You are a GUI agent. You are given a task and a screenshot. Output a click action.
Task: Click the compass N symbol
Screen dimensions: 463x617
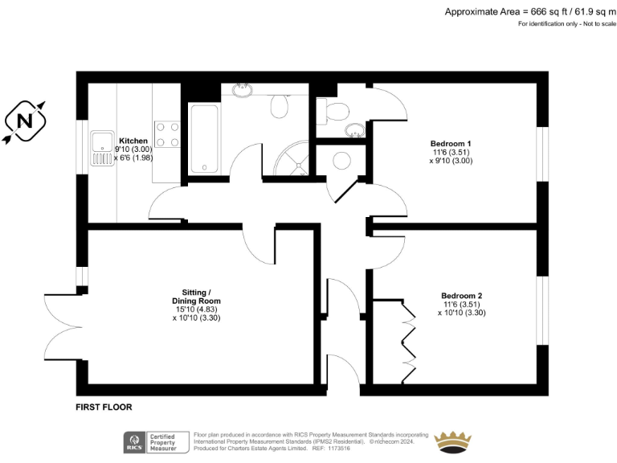pos(25,121)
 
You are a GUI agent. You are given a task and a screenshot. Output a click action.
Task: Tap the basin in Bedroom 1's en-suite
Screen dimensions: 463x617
pos(353,129)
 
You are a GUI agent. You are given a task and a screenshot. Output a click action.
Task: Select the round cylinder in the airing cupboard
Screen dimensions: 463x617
pos(341,158)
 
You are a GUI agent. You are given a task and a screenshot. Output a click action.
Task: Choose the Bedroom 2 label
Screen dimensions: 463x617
pos(461,295)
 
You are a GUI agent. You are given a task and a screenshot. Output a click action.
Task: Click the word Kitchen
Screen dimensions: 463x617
pos(133,140)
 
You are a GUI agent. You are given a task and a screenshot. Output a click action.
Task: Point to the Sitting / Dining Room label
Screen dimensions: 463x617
pos(196,296)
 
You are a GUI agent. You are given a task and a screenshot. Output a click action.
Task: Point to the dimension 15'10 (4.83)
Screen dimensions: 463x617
pos(196,309)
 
